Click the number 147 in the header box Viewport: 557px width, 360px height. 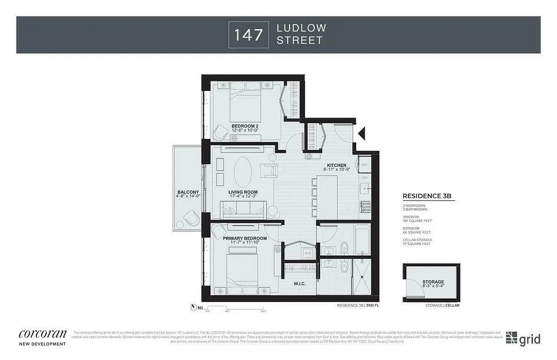point(249,34)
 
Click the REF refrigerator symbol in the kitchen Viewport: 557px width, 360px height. point(365,165)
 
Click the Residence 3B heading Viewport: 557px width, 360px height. point(426,196)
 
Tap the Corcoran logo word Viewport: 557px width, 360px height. point(43,334)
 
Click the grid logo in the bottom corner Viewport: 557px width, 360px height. point(523,338)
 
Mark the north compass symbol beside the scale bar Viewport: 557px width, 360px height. point(194,308)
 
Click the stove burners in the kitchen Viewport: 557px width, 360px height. point(365,207)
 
